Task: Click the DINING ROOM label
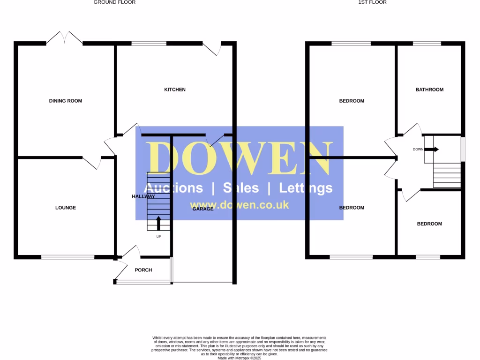(66, 101)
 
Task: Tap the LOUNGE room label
(66, 208)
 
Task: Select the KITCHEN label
(174, 90)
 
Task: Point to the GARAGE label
(203, 209)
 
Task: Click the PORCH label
(143, 270)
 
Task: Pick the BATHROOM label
(429, 90)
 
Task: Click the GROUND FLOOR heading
(114, 2)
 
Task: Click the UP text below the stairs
(158, 237)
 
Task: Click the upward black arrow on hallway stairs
(158, 223)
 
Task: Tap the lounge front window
(68, 257)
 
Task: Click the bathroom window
(427, 44)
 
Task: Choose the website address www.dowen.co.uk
(239, 205)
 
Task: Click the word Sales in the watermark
(241, 188)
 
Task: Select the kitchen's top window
(149, 44)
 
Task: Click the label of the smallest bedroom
(429, 224)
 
